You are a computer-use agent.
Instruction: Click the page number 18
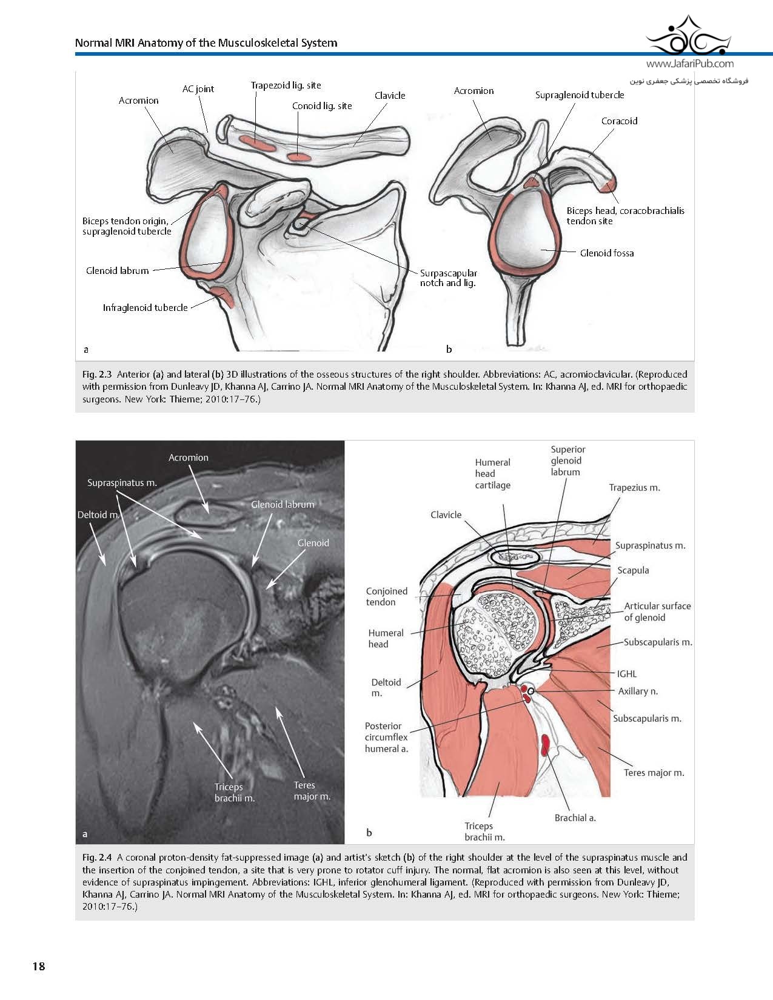click(39, 965)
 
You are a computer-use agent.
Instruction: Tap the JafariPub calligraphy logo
click(689, 36)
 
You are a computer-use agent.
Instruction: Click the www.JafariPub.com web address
click(690, 64)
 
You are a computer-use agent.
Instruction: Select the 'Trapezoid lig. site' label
click(286, 85)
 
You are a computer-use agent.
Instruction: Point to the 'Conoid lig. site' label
click(322, 106)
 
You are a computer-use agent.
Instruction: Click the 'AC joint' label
click(198, 89)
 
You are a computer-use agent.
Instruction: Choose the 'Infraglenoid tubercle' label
click(145, 308)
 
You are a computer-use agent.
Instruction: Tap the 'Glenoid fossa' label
click(607, 253)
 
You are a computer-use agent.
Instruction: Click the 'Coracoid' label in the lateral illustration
click(619, 121)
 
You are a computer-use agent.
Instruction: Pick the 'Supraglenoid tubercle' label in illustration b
click(580, 95)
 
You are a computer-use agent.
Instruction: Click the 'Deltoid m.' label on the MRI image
click(98, 515)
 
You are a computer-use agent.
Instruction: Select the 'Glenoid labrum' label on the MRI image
click(283, 504)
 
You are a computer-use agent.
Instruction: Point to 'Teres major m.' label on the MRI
click(312, 791)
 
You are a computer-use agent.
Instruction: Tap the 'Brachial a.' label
click(575, 818)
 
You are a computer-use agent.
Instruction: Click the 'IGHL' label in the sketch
click(627, 674)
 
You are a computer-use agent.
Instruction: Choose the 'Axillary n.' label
click(638, 691)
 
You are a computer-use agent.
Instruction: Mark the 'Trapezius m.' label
click(634, 488)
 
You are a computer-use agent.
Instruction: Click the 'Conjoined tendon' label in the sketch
click(386, 596)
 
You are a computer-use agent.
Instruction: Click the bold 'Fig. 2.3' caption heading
click(97, 375)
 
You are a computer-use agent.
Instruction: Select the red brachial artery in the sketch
click(546, 745)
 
